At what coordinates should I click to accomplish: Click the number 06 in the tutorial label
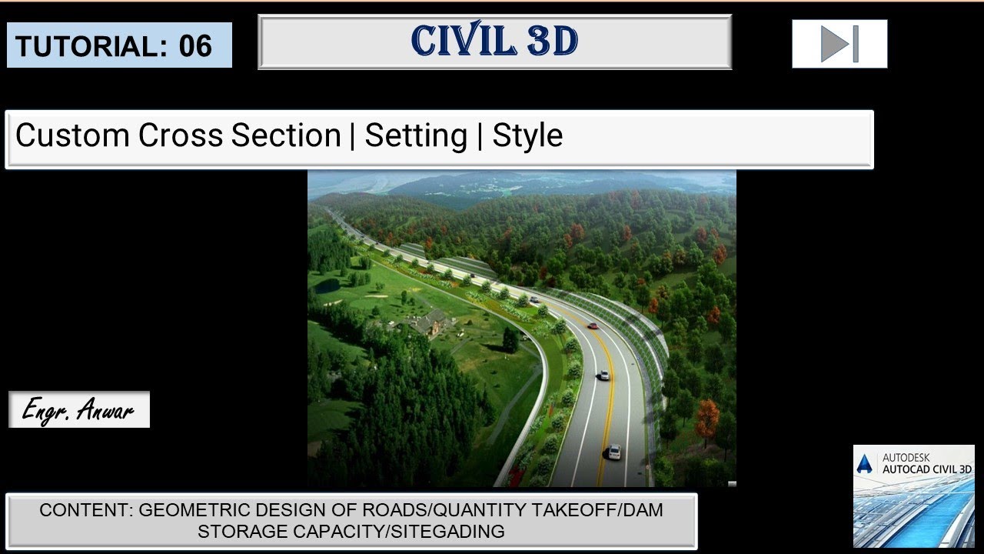tap(195, 46)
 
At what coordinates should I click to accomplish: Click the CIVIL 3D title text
tap(494, 42)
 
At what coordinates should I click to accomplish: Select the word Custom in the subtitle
tap(72, 136)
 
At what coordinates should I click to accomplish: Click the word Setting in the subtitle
tap(415, 136)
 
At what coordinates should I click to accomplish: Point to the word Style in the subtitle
tap(527, 136)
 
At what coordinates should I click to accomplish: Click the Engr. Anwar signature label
tap(78, 410)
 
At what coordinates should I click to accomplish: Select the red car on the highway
tap(592, 326)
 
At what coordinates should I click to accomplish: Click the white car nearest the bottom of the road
tap(613, 452)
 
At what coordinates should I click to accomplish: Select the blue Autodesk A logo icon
tap(865, 464)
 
